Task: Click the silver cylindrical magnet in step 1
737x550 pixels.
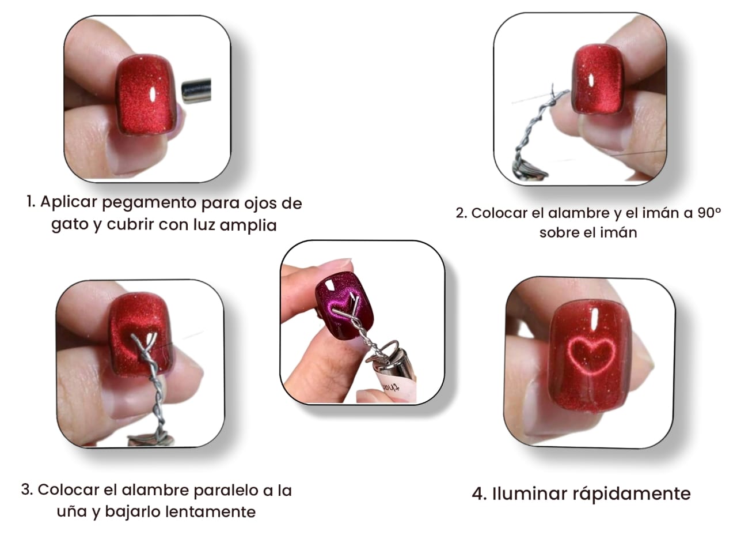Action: (x=197, y=90)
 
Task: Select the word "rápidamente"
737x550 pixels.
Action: (x=631, y=494)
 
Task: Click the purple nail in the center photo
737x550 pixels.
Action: (x=345, y=304)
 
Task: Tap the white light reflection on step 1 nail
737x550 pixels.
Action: (x=152, y=95)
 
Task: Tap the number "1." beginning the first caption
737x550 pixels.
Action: (x=31, y=202)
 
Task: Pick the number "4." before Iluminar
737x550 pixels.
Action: (x=479, y=494)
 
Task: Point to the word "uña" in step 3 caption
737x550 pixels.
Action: (x=71, y=512)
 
